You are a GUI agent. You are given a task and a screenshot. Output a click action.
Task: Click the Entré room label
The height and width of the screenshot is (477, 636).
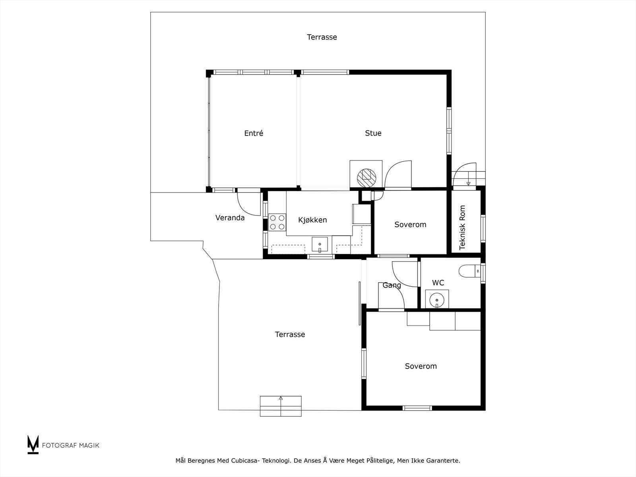[x=254, y=134]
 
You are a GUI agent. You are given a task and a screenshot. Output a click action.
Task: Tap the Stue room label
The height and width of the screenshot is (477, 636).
[x=373, y=133]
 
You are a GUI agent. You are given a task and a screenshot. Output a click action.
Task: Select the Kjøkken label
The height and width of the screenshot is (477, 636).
[x=312, y=220]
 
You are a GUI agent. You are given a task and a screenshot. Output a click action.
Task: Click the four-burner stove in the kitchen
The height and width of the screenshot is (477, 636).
[x=277, y=222]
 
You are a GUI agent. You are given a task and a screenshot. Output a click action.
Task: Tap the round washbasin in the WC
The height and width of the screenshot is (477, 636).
[x=437, y=299]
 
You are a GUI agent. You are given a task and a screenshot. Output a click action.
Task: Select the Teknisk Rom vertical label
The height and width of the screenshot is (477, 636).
[x=462, y=227]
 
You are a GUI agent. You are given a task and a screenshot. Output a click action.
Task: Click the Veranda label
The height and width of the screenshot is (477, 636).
[x=230, y=218]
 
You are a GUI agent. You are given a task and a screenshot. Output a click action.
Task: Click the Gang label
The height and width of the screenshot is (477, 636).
[x=392, y=285]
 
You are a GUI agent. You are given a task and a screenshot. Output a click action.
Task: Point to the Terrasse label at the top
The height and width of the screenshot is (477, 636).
[x=322, y=37]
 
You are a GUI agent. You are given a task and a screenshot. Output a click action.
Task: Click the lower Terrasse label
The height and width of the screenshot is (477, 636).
[x=290, y=335]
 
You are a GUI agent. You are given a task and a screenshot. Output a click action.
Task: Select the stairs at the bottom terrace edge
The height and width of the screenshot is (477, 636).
[x=281, y=406]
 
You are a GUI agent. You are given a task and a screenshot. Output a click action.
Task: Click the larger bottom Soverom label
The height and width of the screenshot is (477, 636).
[x=421, y=366]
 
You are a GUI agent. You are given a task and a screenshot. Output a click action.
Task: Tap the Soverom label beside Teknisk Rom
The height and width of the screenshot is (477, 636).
[x=410, y=225]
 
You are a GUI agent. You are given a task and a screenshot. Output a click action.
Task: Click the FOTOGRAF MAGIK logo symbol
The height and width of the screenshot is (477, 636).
[x=33, y=444]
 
